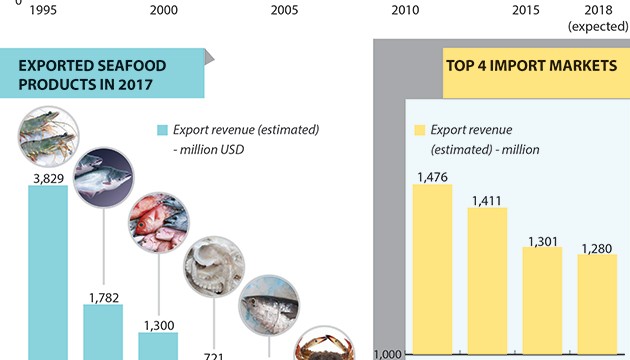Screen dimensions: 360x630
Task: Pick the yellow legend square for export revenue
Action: (419, 131)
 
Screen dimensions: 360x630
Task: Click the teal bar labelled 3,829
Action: (48, 270)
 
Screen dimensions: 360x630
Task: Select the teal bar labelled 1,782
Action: (103, 331)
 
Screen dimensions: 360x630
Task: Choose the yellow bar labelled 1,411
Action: (487, 280)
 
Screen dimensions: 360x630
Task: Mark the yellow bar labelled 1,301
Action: (542, 299)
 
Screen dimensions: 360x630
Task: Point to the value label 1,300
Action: (157, 324)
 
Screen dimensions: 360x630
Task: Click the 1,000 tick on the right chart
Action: (386, 353)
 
